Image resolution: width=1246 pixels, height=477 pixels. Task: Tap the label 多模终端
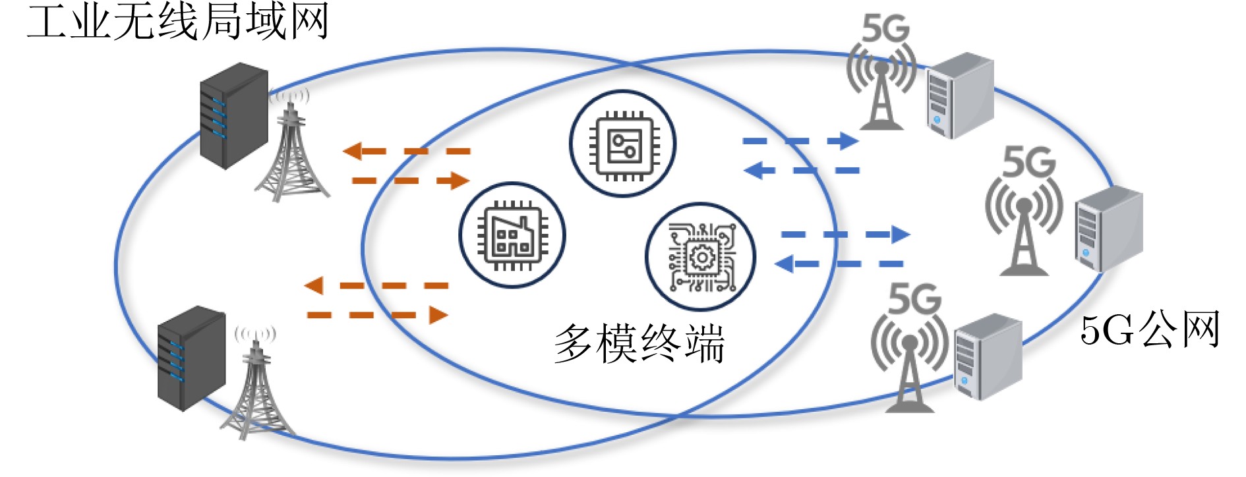tap(639, 343)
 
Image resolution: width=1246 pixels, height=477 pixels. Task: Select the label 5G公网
tap(1149, 329)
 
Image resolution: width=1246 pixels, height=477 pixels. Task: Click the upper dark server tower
tap(234, 115)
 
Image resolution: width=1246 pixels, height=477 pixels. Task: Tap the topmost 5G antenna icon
tap(882, 76)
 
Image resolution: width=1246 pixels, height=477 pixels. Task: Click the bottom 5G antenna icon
tap(910, 349)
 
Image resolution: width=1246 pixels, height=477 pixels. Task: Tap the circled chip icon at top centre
tap(622, 144)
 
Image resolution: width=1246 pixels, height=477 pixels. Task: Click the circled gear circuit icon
tap(700, 256)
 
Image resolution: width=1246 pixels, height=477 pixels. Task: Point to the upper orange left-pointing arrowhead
tap(353, 152)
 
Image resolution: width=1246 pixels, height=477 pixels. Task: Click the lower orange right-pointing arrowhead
tap(438, 315)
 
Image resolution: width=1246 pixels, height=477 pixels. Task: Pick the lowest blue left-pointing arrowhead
tap(784, 264)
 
